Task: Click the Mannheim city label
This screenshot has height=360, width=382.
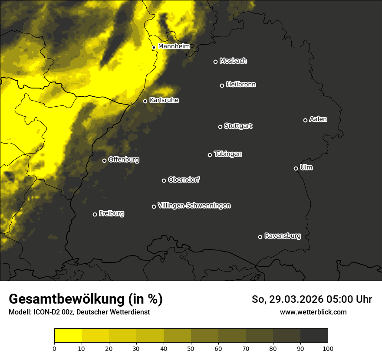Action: click(x=174, y=46)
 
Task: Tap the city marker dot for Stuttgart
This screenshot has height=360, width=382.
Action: click(x=220, y=127)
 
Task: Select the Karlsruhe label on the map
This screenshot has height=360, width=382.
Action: click(x=164, y=100)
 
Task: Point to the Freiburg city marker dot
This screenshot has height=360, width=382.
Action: click(x=95, y=214)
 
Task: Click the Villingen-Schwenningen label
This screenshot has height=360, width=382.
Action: click(x=194, y=206)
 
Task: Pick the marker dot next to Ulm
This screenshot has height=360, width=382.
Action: click(x=296, y=168)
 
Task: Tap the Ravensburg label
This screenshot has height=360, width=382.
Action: click(x=282, y=236)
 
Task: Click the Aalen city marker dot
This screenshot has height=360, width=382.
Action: click(x=305, y=120)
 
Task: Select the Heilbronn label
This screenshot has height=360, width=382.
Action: click(x=241, y=85)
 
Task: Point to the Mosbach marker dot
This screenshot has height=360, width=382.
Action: click(x=215, y=62)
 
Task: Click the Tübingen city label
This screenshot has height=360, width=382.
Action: click(x=227, y=154)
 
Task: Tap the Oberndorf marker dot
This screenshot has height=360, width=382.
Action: click(x=164, y=180)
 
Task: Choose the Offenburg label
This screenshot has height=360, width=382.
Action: click(x=123, y=160)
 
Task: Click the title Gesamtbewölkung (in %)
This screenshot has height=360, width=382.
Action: click(x=86, y=299)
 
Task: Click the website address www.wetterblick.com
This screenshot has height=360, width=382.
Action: click(x=313, y=312)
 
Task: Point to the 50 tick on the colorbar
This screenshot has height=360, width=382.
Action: click(x=191, y=348)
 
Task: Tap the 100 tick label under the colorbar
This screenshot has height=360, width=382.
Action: click(x=328, y=348)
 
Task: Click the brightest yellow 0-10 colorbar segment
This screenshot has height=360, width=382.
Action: click(x=68, y=335)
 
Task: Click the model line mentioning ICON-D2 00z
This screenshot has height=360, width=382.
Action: click(x=79, y=312)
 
